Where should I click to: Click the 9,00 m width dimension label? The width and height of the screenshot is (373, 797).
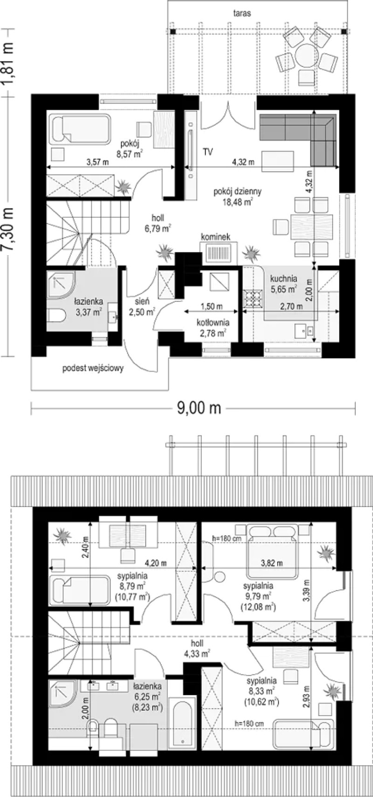tap(199, 408)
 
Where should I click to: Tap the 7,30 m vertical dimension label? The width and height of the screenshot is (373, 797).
tap(7, 229)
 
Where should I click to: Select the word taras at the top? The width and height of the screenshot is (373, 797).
tap(242, 14)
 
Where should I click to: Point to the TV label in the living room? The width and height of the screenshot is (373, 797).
tap(208, 152)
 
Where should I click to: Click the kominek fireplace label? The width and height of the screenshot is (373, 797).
tap(216, 236)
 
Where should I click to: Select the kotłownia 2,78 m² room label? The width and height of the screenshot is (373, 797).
tap(213, 328)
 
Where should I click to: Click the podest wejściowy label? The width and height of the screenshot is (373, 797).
tap(93, 368)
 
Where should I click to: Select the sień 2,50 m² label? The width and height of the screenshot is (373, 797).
tap(142, 307)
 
